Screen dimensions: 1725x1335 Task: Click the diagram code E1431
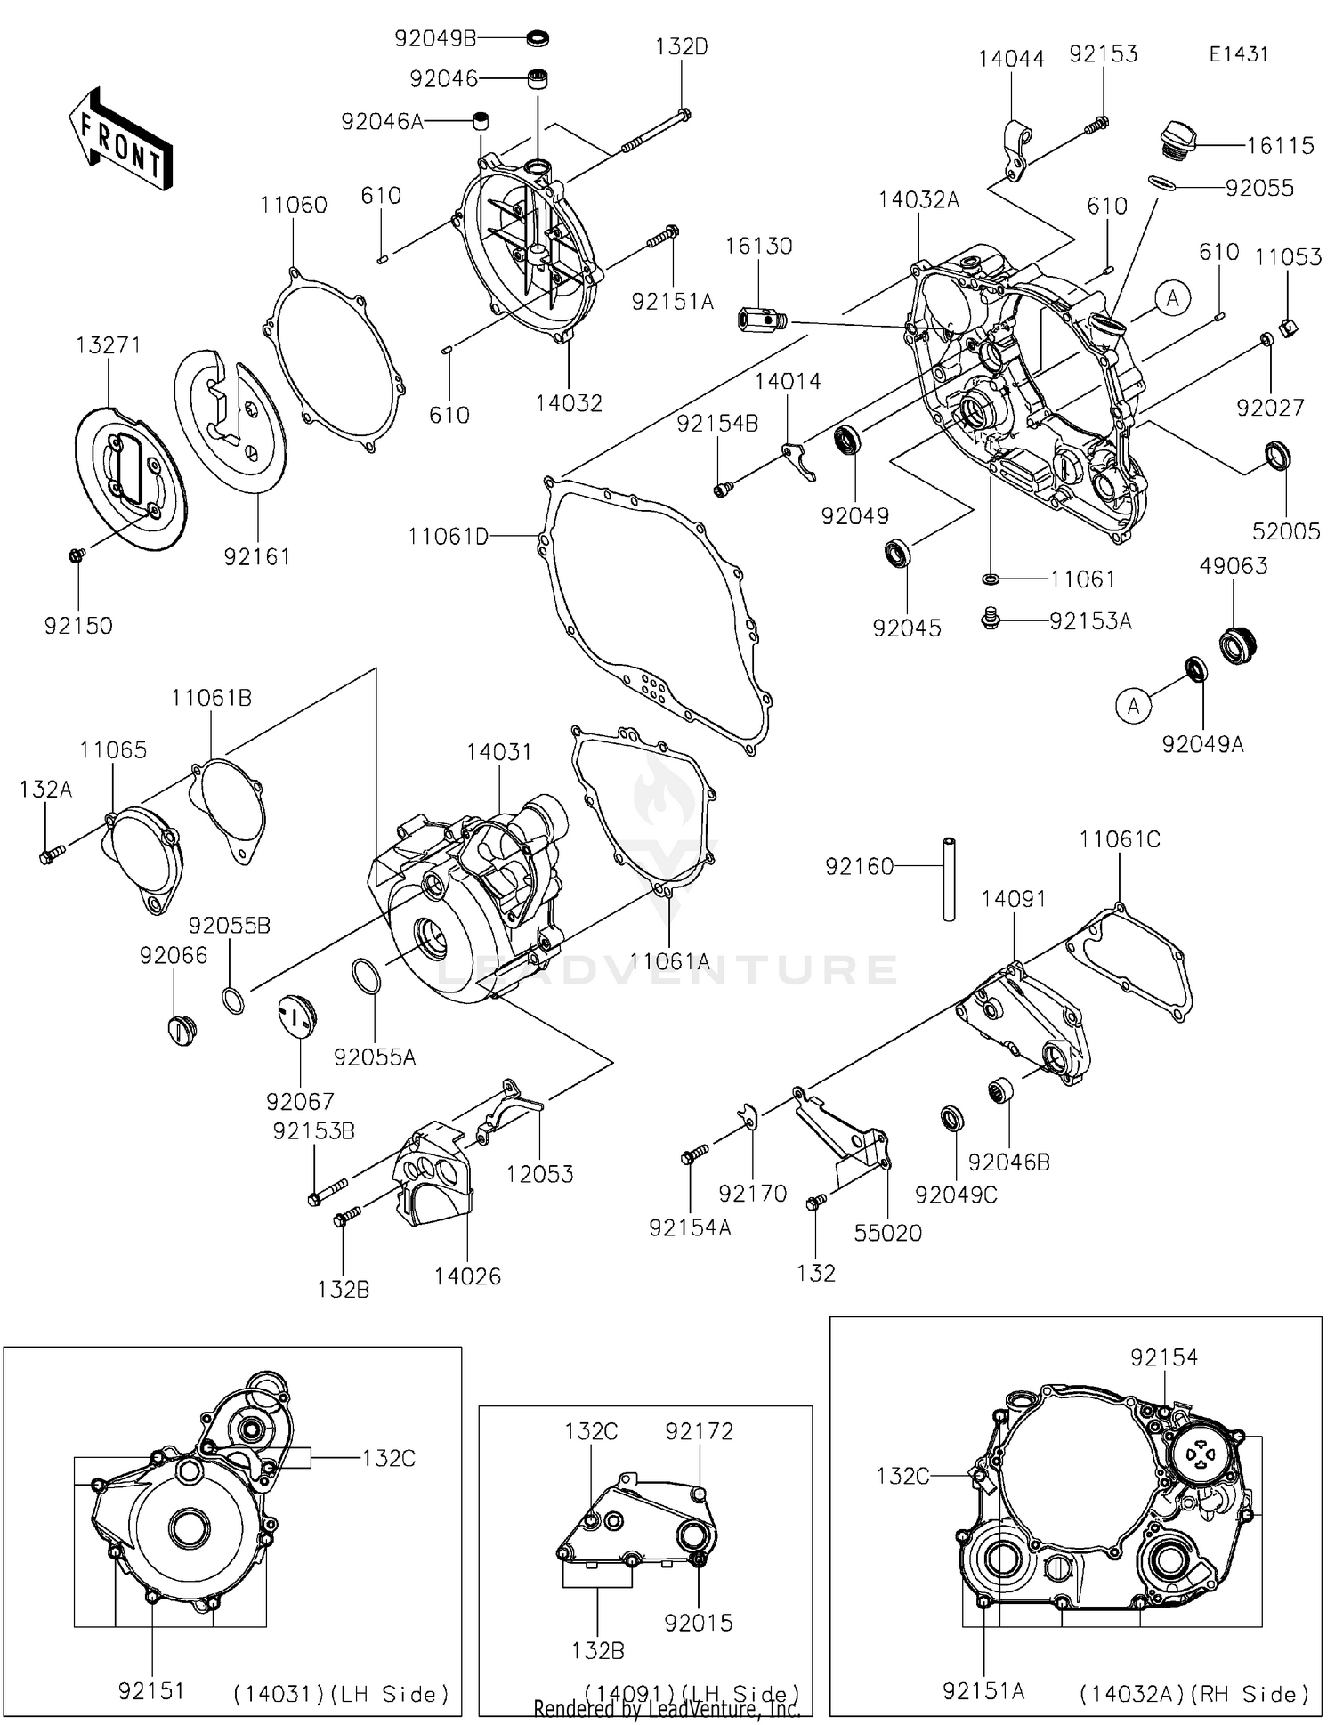point(1238,53)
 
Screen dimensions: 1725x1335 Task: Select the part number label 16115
point(1281,146)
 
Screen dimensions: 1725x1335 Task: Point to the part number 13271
point(109,345)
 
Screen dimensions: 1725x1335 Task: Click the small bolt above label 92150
point(77,555)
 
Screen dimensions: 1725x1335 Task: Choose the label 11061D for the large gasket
point(448,537)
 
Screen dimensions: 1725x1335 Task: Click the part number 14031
point(499,752)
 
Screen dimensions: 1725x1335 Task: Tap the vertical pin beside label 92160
point(950,878)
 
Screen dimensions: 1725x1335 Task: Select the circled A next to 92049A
point(1133,706)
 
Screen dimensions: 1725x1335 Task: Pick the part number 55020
point(887,1233)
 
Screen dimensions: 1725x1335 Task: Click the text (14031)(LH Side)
point(341,1693)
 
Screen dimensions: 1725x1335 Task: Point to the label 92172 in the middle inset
point(700,1431)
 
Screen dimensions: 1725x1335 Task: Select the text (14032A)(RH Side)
point(1193,1693)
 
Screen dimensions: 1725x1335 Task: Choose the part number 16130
point(758,246)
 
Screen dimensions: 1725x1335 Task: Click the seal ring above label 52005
point(1278,455)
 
